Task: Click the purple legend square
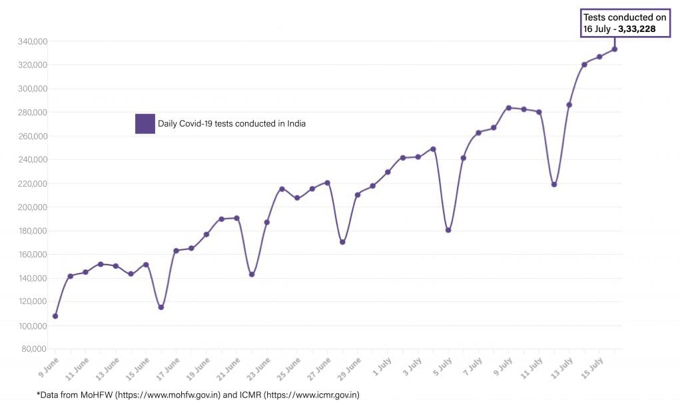(145, 123)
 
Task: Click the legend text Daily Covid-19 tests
(231, 123)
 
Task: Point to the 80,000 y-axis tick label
(33, 349)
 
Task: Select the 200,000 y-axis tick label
(31, 207)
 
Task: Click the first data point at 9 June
(55, 316)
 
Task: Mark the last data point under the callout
(614, 49)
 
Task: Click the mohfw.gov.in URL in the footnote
(167, 395)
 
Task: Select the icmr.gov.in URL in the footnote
(311, 395)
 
